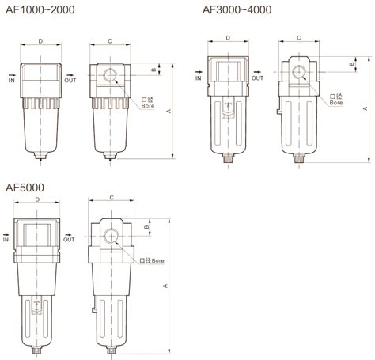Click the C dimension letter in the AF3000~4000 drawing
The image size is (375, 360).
click(298, 37)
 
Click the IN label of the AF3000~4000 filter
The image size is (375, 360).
click(198, 78)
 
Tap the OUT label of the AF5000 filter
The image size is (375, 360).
click(70, 238)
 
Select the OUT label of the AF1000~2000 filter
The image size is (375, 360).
click(70, 80)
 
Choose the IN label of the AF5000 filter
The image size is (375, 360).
click(6, 238)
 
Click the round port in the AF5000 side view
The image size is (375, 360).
click(109, 236)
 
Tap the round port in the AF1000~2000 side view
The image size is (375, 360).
click(110, 78)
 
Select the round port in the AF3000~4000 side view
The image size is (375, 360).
click(299, 73)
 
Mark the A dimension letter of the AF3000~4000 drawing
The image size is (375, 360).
click(365, 108)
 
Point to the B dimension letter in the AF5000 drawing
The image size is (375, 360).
click(147, 228)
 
